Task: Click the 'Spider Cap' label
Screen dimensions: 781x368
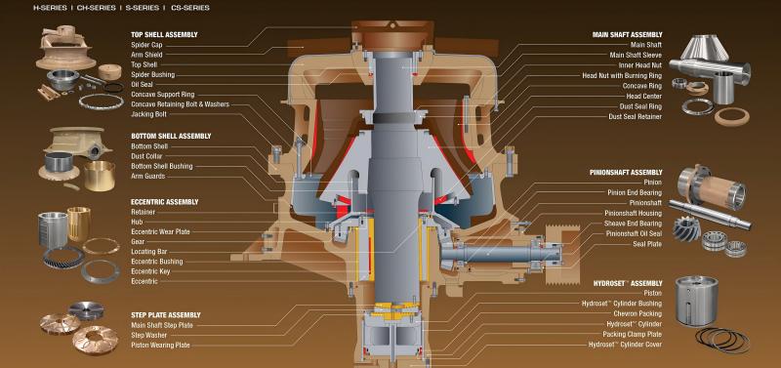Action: pos(146,45)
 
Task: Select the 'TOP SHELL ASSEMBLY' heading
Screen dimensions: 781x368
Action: pos(164,35)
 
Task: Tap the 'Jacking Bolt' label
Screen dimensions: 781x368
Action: pos(149,114)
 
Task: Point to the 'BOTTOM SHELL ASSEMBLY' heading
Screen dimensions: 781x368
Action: pos(171,136)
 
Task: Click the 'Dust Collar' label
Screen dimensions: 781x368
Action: pos(147,156)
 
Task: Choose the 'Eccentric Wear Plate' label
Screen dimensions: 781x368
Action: pos(160,232)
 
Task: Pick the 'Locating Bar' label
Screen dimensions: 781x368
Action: pos(149,252)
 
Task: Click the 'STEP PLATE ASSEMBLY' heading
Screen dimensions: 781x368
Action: pos(166,315)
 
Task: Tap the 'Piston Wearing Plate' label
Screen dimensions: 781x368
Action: pos(160,346)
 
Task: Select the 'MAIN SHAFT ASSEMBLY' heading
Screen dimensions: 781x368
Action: pos(628,35)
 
